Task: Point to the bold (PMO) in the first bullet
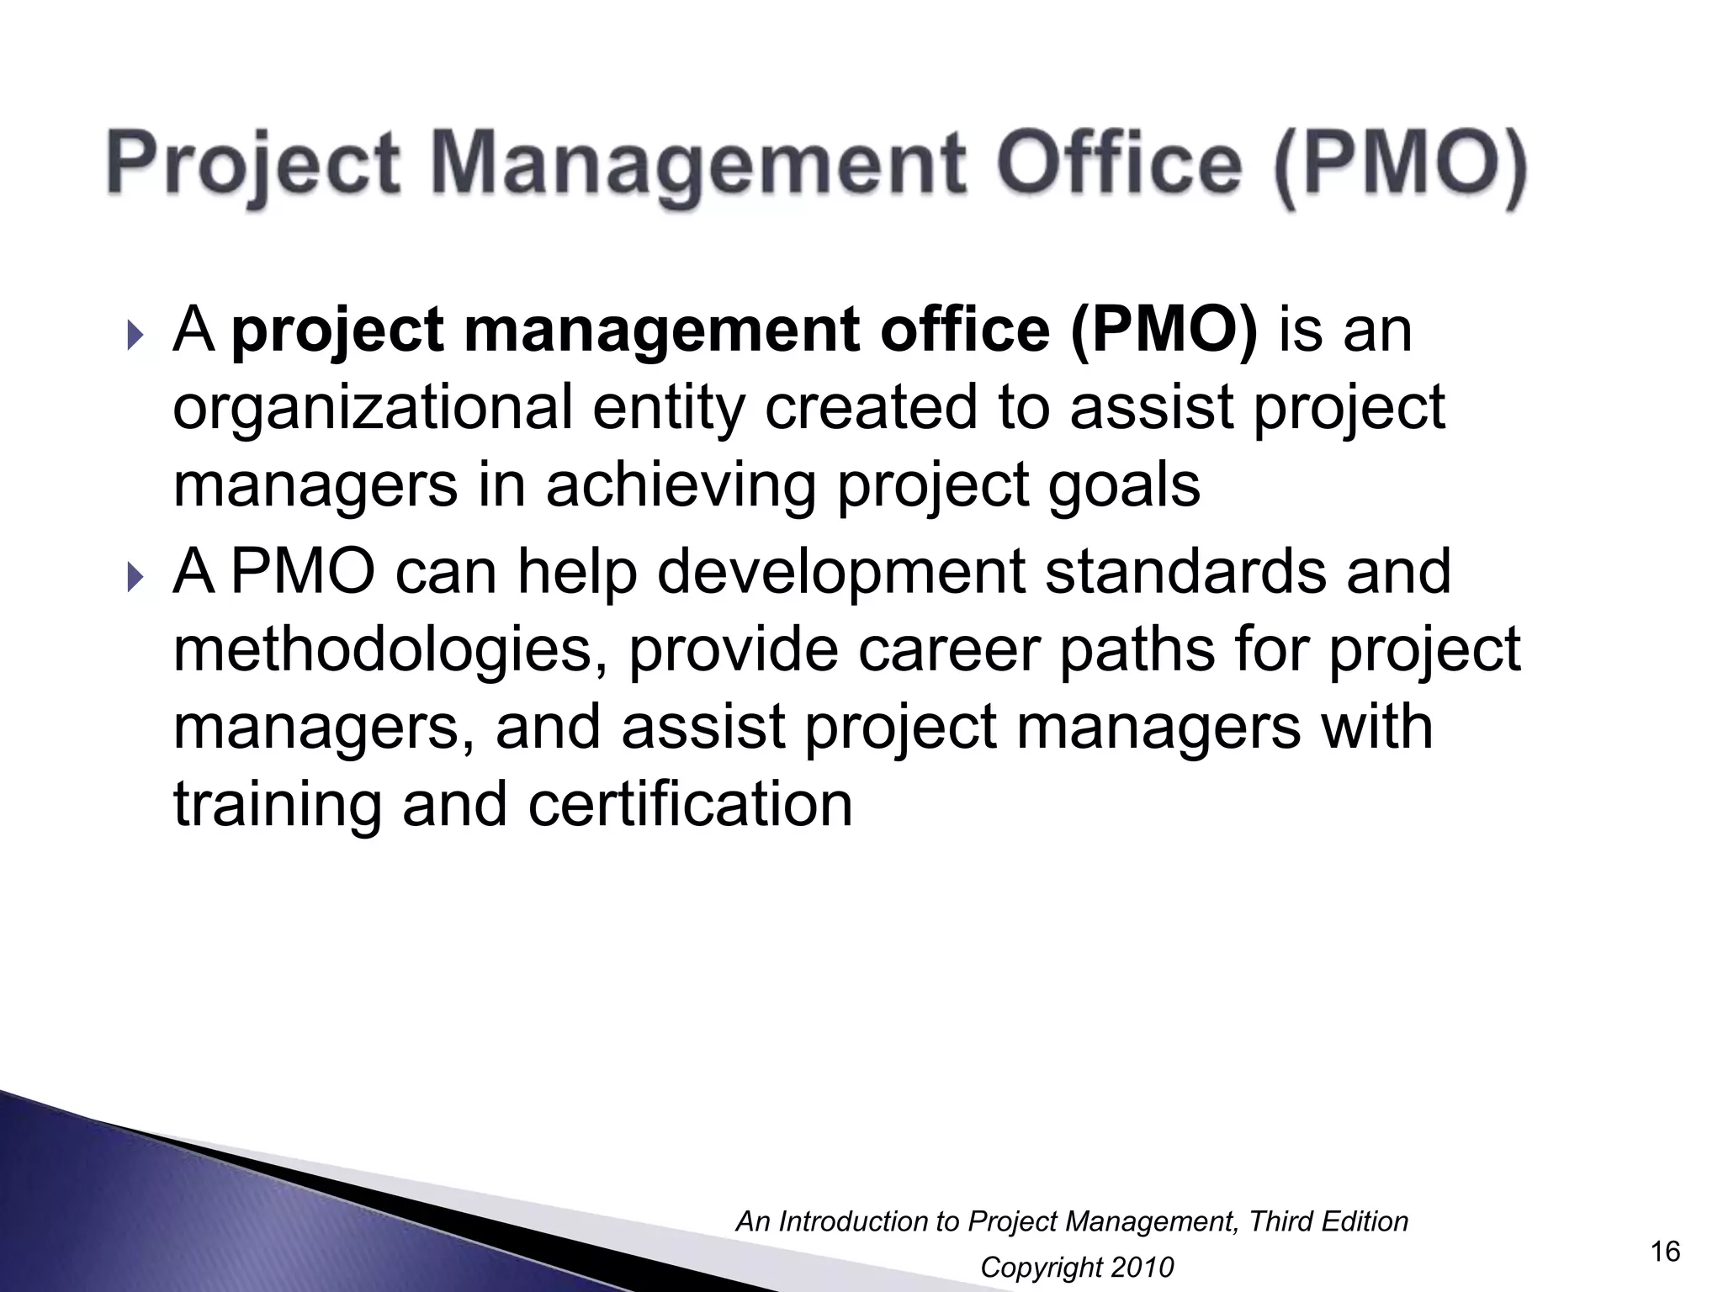[1164, 330]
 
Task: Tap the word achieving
[681, 487]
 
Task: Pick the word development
[840, 572]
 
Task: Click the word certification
[690, 805]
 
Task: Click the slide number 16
[1665, 1252]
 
